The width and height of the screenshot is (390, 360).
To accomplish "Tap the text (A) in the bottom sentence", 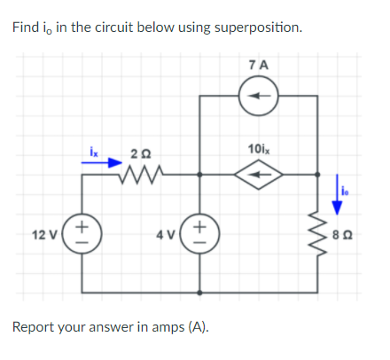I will [198, 326].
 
